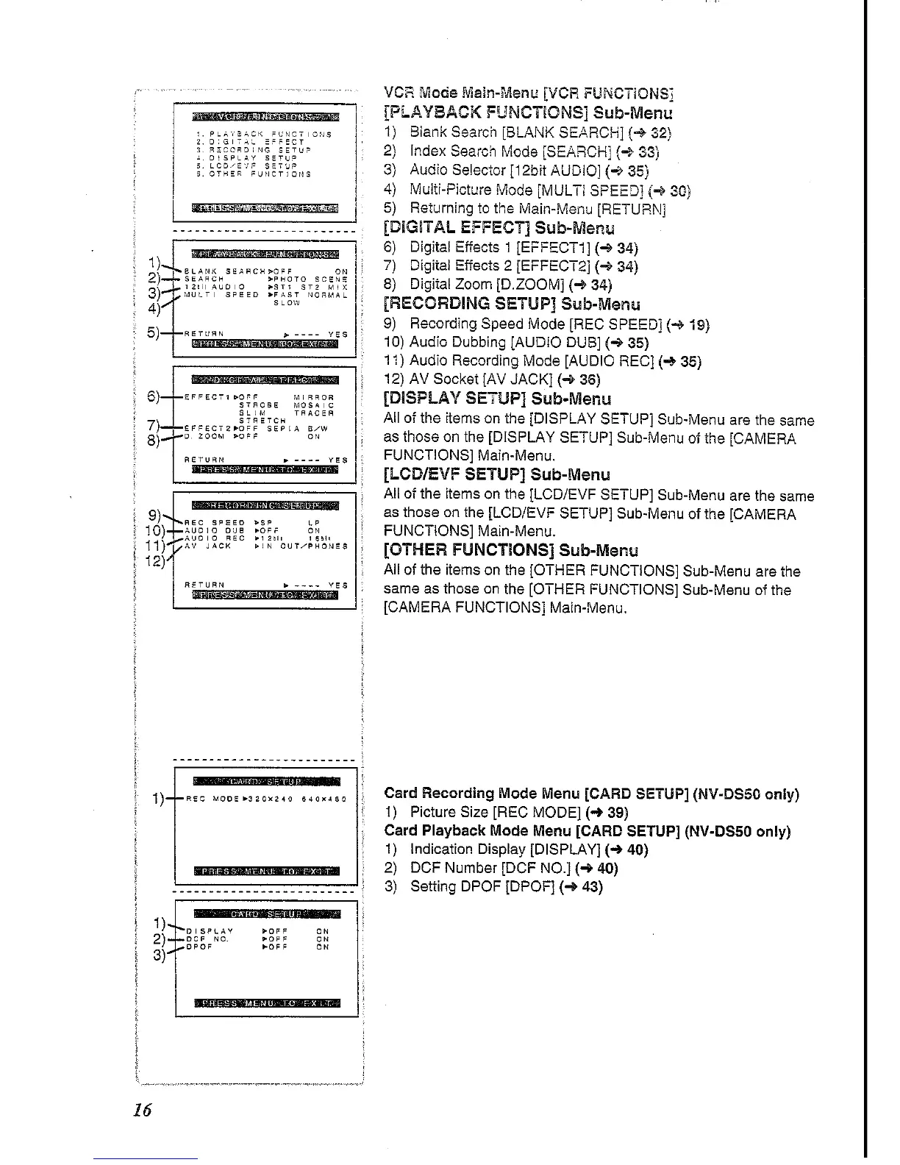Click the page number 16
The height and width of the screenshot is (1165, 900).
(143, 1110)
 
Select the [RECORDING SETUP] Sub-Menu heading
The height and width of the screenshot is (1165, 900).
(512, 304)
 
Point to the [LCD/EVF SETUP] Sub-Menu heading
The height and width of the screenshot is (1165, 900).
(496, 474)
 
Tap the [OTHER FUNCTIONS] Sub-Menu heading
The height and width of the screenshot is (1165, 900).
(511, 550)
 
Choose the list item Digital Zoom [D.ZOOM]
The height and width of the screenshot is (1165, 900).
(510, 285)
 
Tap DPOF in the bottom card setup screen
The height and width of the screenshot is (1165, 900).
(200, 947)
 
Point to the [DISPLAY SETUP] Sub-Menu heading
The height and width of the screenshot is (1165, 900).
(497, 399)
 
